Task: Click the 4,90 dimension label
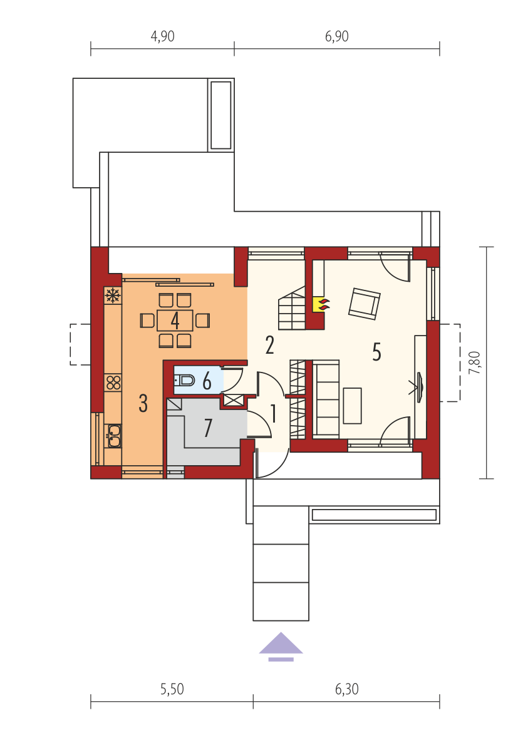[162, 36]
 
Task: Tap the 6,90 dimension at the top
[336, 36]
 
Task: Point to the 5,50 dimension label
[172, 689]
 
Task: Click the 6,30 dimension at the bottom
[347, 689]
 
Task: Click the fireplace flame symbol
[323, 304]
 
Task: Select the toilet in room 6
[185, 379]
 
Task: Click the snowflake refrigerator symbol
[112, 296]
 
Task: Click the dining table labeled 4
[175, 321]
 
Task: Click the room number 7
[208, 428]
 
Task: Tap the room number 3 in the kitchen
[143, 404]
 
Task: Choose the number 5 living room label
[376, 352]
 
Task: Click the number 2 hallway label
[269, 345]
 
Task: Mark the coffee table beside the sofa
[353, 406]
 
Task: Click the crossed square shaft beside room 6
[233, 401]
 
